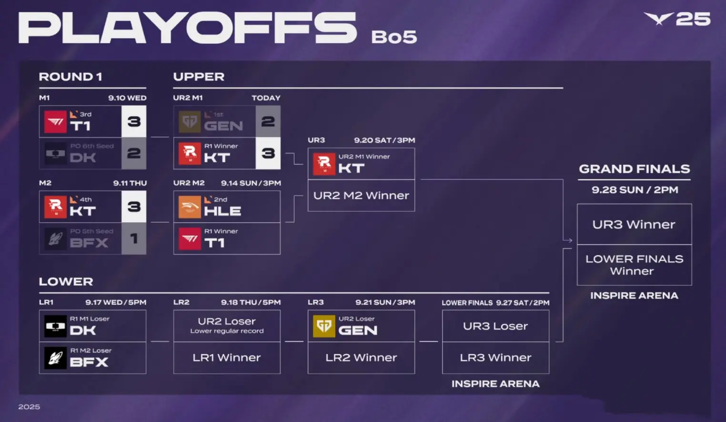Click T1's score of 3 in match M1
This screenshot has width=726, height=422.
pos(134,121)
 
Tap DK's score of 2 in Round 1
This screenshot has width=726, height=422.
pos(134,153)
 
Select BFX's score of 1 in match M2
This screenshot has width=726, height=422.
pos(134,239)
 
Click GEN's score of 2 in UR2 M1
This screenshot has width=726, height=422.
pos(268,121)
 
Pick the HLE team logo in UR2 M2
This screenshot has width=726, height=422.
pos(190,207)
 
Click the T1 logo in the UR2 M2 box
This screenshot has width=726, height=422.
pos(190,239)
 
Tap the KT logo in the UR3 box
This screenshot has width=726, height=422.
pos(324,164)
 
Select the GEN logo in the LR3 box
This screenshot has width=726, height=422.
pos(324,326)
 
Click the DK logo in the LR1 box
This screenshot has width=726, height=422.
pos(55,326)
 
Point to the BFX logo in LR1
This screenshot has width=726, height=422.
pos(55,358)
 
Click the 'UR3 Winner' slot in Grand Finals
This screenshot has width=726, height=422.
pos(634,225)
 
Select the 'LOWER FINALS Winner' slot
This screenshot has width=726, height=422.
pos(634,265)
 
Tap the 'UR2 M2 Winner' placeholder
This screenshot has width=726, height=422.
pos(361,196)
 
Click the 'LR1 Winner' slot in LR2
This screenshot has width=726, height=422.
pos(227,358)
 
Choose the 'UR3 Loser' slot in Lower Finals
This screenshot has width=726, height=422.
pos(495,326)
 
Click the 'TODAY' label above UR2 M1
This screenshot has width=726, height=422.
pos(266,98)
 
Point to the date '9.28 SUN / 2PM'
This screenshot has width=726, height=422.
pos(635,190)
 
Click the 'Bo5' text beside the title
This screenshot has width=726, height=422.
pos(394,37)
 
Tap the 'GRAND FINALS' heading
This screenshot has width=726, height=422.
pos(634,169)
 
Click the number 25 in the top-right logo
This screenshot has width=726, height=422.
pos(693,19)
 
